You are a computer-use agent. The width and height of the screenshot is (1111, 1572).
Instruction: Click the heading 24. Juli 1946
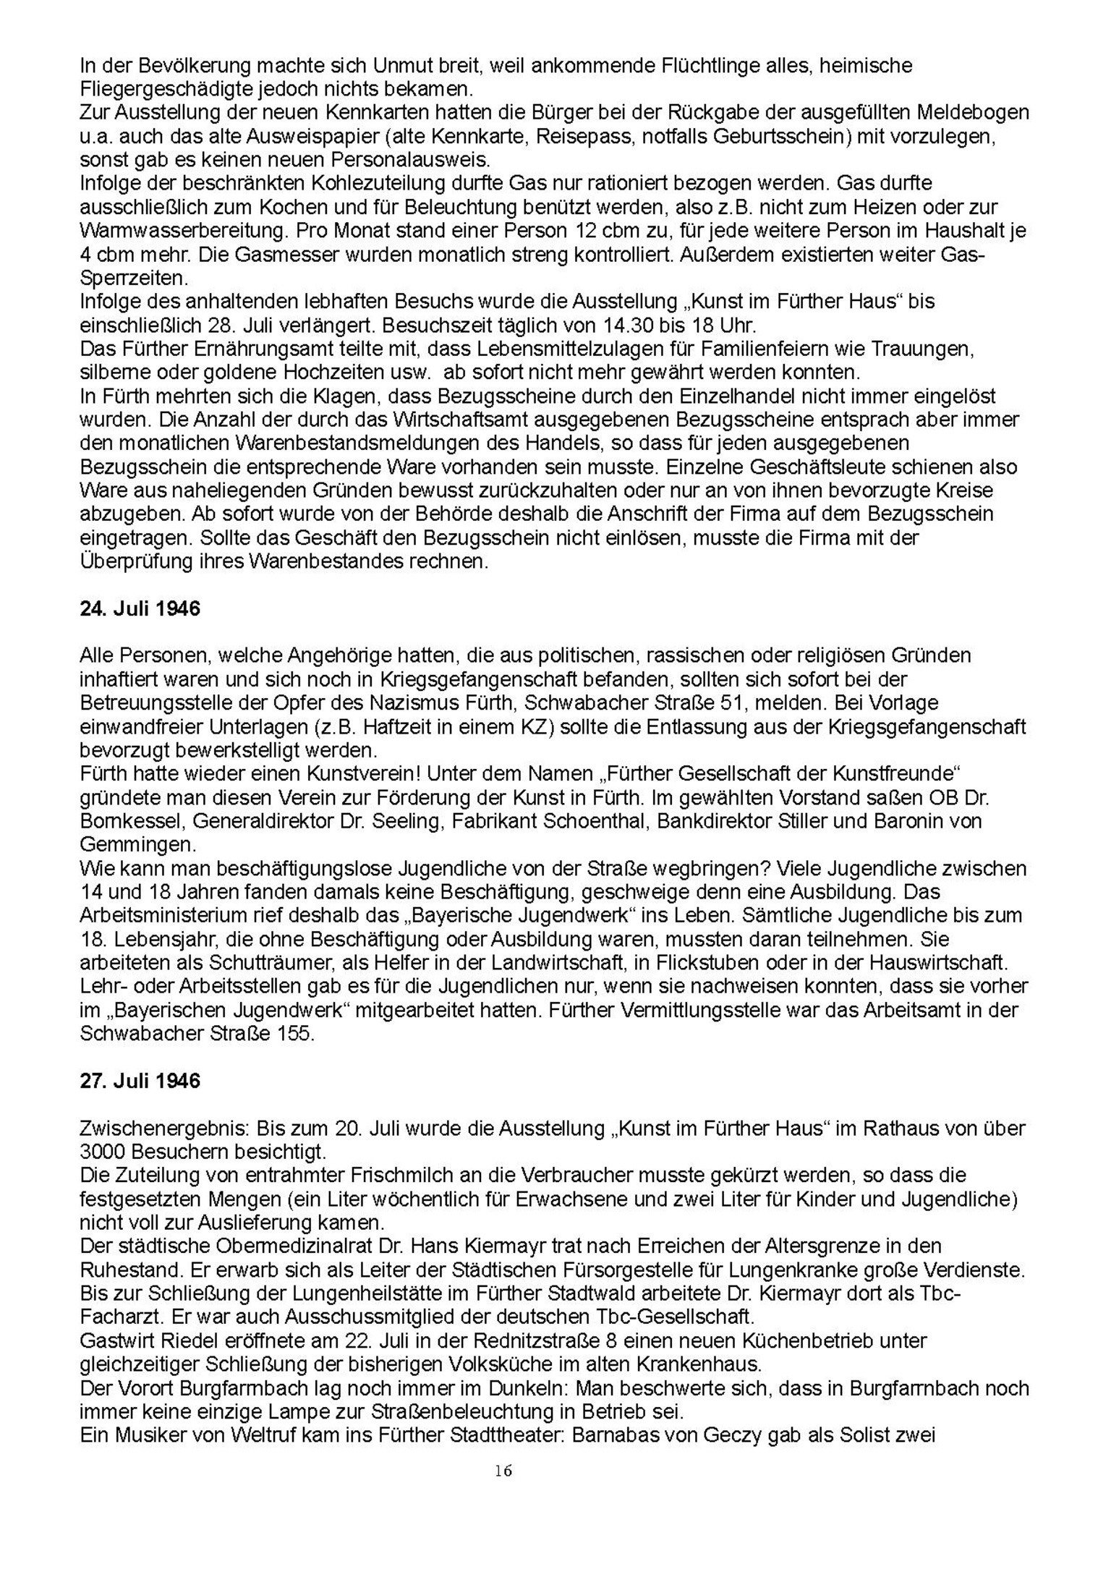[x=140, y=608]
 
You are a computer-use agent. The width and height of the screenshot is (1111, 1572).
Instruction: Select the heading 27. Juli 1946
[x=140, y=1081]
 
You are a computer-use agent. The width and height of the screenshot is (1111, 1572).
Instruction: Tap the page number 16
[x=504, y=1471]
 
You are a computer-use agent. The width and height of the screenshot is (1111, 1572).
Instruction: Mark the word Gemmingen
[x=136, y=844]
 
